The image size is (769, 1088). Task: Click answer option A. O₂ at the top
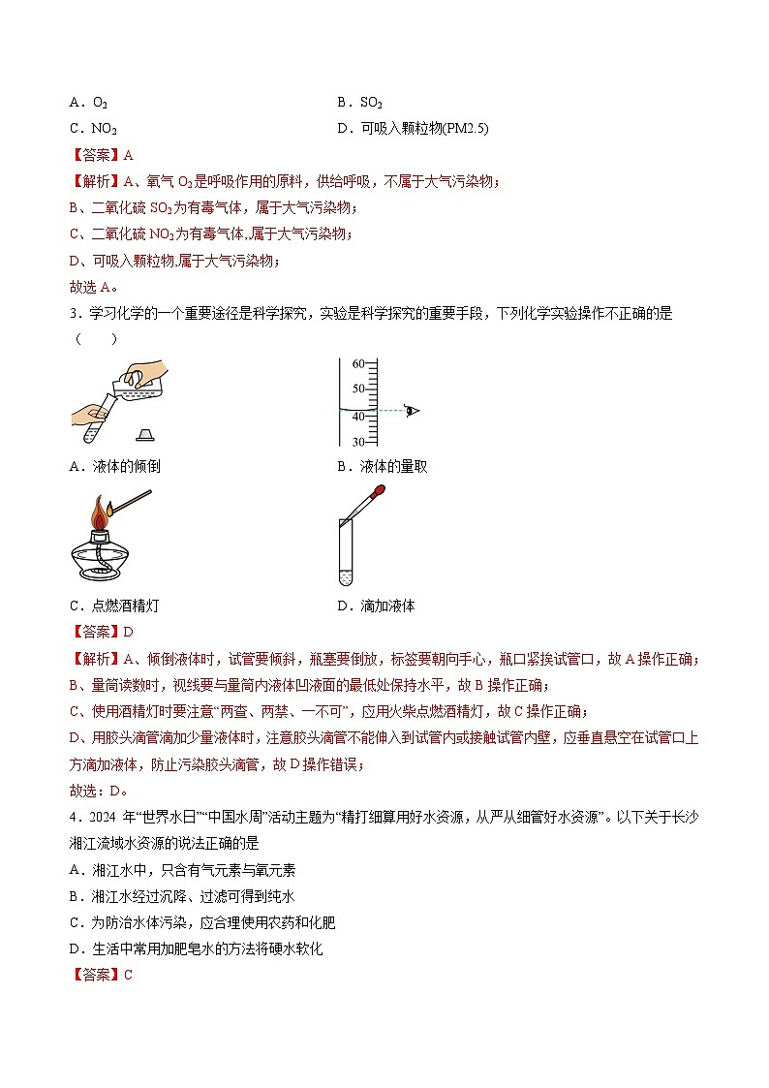click(88, 102)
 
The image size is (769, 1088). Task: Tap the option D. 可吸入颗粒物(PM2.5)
click(413, 128)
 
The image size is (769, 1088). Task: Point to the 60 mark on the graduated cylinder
click(356, 364)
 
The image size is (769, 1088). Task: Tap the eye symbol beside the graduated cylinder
click(413, 411)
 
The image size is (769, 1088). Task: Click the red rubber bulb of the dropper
click(380, 492)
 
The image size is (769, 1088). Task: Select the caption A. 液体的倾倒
click(115, 466)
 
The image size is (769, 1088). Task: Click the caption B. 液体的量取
click(382, 466)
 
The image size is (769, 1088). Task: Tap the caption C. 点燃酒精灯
click(114, 606)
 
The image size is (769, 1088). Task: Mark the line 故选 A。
click(93, 285)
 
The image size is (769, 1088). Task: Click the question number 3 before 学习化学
click(73, 313)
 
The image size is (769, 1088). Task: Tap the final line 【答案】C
click(101, 975)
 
